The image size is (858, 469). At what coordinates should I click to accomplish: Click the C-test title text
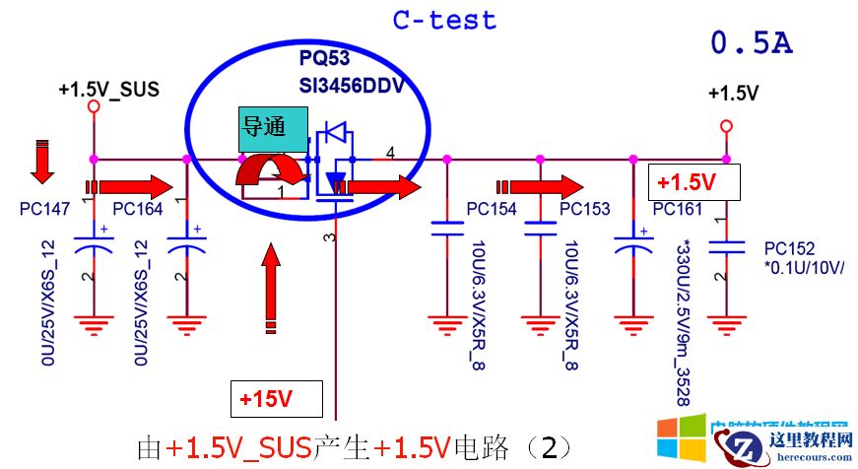444,20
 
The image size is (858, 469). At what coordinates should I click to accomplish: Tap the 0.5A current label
752,43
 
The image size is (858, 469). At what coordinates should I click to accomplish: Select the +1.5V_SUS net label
108,89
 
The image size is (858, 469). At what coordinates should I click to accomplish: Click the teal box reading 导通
264,127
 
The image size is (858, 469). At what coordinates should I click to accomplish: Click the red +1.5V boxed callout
693,182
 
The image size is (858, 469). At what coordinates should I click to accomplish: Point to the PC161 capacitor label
677,209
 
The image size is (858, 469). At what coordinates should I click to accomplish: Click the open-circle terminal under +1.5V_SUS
94,106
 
